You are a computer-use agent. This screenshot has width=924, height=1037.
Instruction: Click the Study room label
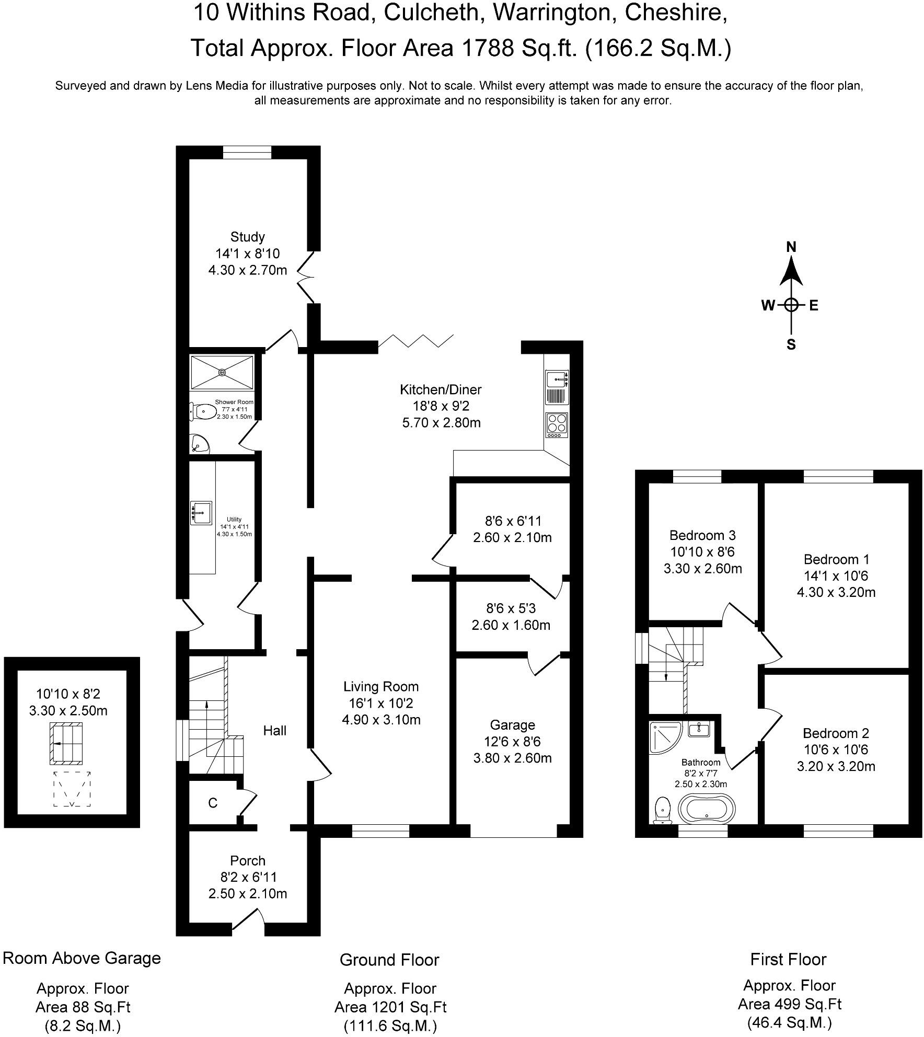[247, 237]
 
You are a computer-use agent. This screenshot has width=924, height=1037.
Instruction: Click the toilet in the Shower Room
[202, 412]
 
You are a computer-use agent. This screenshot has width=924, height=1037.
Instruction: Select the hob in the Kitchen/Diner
[557, 425]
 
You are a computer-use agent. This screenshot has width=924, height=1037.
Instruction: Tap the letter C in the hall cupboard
[212, 803]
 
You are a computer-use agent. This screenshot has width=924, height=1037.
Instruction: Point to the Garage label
[512, 725]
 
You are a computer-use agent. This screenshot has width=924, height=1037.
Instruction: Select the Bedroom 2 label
[836, 733]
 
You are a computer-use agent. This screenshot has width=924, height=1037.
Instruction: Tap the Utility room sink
[201, 513]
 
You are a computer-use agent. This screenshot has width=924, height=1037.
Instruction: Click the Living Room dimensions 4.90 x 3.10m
[381, 720]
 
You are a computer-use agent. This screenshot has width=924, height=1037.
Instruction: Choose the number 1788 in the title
[485, 48]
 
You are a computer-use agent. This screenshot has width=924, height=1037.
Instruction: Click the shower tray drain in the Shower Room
[222, 372]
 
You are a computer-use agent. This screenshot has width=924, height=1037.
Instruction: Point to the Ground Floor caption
[389, 960]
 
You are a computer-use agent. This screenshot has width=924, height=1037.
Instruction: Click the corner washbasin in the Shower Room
[199, 444]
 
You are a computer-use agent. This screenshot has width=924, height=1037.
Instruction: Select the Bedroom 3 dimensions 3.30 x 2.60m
[702, 569]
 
